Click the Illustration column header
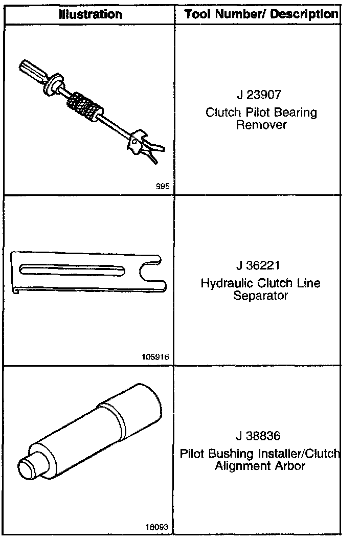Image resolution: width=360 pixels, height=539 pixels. click(91, 14)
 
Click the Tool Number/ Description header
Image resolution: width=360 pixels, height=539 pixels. click(262, 14)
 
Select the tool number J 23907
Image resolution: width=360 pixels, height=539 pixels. click(259, 95)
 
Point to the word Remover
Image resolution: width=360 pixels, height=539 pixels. click(261, 125)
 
